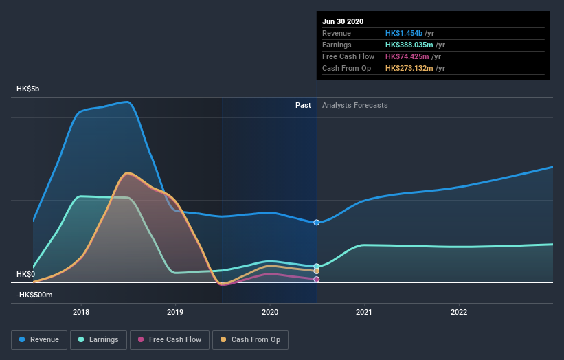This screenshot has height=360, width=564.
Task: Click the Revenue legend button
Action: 40,339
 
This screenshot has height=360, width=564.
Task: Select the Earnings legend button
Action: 98,339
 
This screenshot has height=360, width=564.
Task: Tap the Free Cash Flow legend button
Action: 169,339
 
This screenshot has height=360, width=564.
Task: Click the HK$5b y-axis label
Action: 28,89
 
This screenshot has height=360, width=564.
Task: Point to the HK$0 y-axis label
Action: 25,274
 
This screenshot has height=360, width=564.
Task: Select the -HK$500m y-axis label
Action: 34,295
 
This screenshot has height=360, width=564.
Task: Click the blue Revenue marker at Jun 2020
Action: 317,223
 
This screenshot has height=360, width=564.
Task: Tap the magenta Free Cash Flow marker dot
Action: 317,280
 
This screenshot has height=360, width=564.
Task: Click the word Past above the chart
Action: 303,105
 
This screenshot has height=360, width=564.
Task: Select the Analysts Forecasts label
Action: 354,105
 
